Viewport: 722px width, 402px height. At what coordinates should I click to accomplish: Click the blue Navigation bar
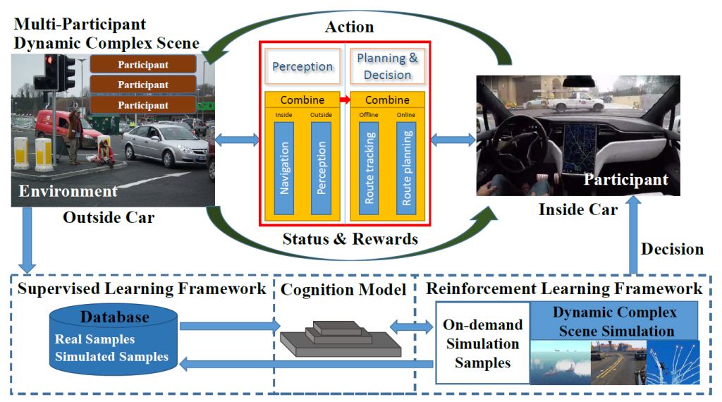(283, 168)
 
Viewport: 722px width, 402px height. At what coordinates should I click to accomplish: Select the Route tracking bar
(369, 168)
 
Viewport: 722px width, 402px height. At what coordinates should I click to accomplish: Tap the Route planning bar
(406, 168)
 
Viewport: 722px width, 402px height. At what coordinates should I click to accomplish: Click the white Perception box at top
(302, 67)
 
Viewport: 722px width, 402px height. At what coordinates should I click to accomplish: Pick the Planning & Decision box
(387, 67)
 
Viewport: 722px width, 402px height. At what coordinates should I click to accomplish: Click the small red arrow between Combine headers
(345, 99)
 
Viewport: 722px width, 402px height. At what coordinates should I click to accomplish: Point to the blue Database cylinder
(114, 339)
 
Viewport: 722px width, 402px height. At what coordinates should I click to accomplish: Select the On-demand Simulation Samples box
(482, 343)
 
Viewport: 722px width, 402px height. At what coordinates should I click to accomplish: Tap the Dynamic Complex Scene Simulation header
(614, 322)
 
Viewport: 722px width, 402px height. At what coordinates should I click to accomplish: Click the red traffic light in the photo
(49, 59)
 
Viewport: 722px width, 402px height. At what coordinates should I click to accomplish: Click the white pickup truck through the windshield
(577, 102)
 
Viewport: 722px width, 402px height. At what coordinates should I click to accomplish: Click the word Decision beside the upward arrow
(672, 249)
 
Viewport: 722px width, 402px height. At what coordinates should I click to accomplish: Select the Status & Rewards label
(350, 239)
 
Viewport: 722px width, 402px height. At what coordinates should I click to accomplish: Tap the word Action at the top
(350, 27)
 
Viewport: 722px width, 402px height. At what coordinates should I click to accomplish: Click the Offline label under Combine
(369, 115)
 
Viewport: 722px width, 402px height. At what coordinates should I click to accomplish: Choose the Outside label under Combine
(321, 115)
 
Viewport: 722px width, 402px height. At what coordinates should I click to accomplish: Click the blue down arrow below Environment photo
(27, 240)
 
